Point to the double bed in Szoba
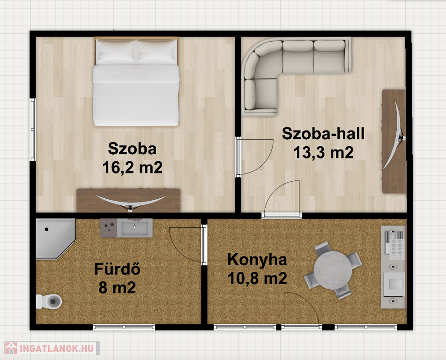[x=136, y=82]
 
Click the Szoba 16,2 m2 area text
[x=132, y=158]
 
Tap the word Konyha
[x=257, y=260]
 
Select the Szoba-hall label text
[x=323, y=134]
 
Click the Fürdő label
[x=117, y=269]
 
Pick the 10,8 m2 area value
[x=257, y=278]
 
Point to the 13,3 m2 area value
[x=323, y=152]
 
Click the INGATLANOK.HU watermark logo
[x=52, y=348]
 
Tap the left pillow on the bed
[x=115, y=51]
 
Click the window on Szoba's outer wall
[x=33, y=129]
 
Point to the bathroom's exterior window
[x=124, y=327]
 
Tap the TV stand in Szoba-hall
[x=394, y=142]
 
